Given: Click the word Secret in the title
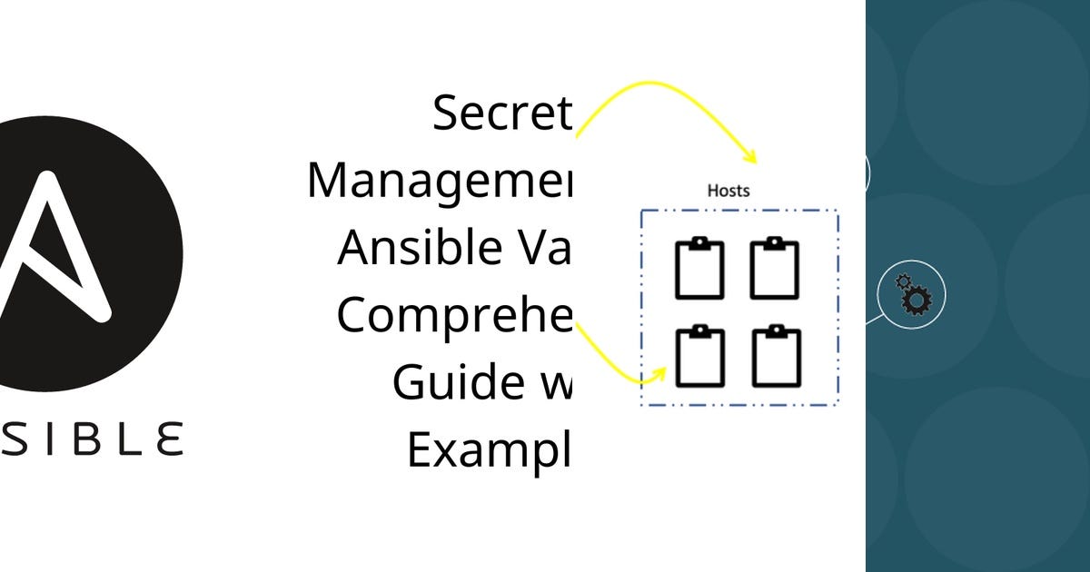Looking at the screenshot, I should pyautogui.click(x=502, y=113).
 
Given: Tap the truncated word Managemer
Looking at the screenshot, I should pyautogui.click(x=440, y=180).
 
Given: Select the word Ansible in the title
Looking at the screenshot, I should pyautogui.click(x=414, y=247).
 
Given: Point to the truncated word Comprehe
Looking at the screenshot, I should pyautogui.click(x=455, y=315).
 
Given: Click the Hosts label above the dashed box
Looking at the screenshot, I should pyautogui.click(x=728, y=191).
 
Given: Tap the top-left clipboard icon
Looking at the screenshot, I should pyautogui.click(x=699, y=269).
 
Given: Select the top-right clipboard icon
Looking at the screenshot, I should pyautogui.click(x=774, y=269).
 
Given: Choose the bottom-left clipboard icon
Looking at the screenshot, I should pyautogui.click(x=699, y=355).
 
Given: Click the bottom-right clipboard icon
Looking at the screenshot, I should pyautogui.click(x=777, y=355).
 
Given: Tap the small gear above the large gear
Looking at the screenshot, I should pyautogui.click(x=903, y=281).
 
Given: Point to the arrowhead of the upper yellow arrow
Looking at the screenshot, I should pyautogui.click(x=752, y=157).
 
